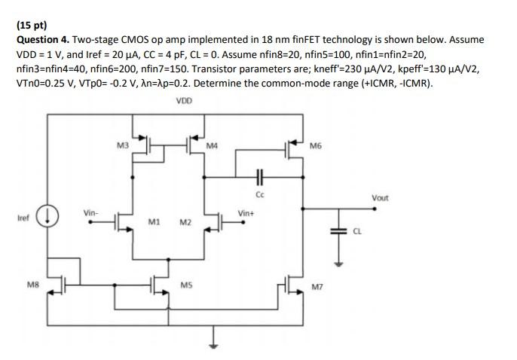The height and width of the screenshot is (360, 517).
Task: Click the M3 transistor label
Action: tap(124, 145)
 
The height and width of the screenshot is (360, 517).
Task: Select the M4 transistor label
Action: tap(212, 145)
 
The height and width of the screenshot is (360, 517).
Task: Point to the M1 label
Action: tap(154, 222)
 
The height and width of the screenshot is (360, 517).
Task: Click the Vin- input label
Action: tap(91, 213)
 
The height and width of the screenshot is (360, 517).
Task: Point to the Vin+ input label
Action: tap(246, 213)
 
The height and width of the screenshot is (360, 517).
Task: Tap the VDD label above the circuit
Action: tap(183, 100)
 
